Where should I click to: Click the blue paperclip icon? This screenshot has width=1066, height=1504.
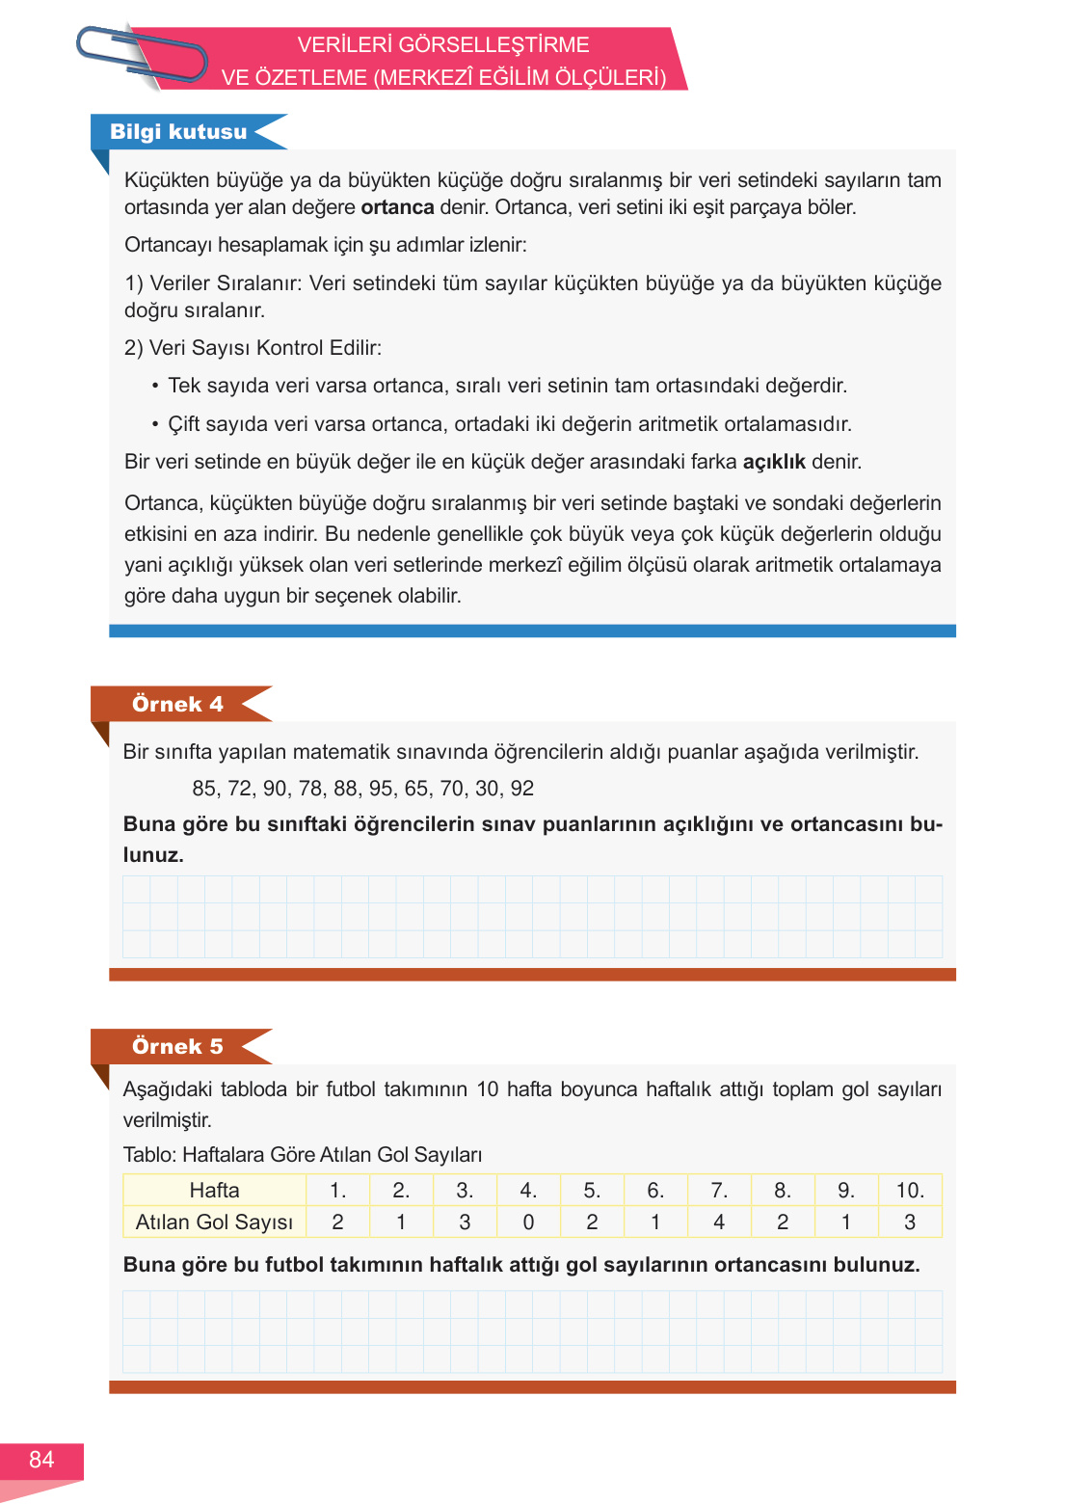pos(142,56)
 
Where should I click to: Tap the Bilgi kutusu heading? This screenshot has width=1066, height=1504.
pos(178,132)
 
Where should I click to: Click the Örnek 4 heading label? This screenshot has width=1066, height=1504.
pos(177,704)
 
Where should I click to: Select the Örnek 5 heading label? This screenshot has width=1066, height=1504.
pos(177,1046)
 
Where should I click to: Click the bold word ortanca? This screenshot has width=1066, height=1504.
pos(397,207)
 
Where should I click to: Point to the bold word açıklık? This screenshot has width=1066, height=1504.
pos(774,462)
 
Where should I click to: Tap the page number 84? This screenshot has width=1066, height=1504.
pos(41,1460)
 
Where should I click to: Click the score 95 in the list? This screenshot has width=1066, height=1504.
pos(382,789)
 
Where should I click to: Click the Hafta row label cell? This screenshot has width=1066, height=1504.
pos(214,1191)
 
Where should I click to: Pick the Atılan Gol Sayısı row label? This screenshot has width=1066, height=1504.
pos(214,1222)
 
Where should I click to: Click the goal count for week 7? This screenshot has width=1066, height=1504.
pos(719,1222)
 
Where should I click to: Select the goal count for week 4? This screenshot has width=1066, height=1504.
pos(528,1222)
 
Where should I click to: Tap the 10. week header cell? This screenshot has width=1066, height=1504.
pos(910,1191)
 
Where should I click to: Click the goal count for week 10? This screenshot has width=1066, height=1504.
pos(910,1222)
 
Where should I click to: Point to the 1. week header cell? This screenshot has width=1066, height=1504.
pos(337,1191)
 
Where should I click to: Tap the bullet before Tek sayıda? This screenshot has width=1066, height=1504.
pos(155,386)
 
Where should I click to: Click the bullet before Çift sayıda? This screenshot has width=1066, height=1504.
pos(155,424)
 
